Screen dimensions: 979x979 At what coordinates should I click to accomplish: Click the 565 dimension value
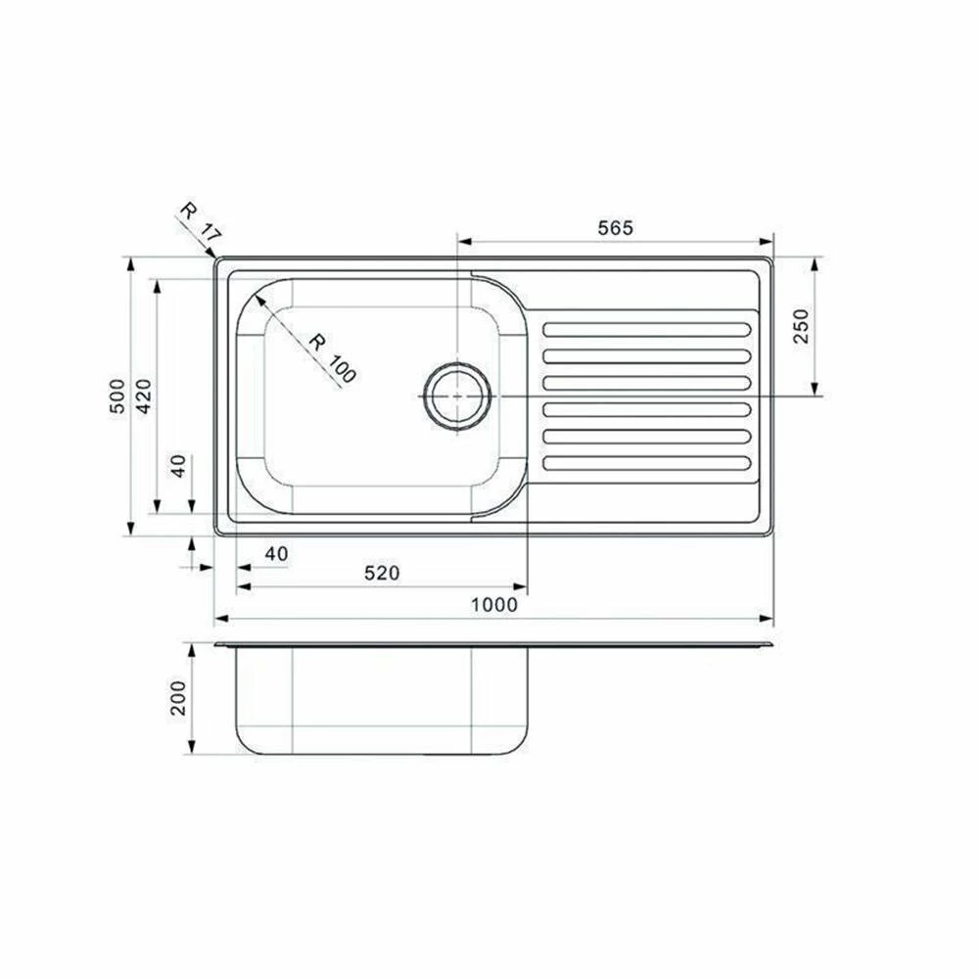coord(615,228)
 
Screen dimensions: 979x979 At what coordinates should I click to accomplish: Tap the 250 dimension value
coord(801,326)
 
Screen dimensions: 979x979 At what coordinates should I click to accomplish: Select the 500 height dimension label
coord(117,396)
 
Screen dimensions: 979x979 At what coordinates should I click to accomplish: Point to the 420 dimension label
coord(144,396)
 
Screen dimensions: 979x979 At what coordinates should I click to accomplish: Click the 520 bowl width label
coord(382,573)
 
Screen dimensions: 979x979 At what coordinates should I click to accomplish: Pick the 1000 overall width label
coord(493,604)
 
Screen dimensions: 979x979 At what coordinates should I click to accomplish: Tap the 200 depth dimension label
coord(178,698)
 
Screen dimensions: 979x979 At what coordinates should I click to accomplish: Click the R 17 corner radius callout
coord(200,223)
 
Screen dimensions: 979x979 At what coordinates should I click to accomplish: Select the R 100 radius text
coord(333,358)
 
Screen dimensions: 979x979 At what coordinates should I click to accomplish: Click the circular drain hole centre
coord(457,396)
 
